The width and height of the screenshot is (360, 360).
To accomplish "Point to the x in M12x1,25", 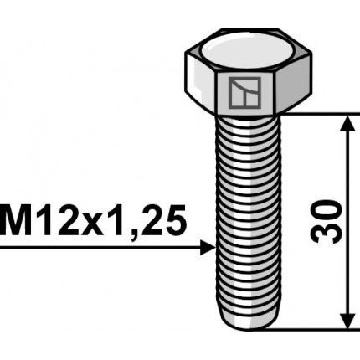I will [x=94, y=224].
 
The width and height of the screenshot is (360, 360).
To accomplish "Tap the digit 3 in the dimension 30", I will [x=327, y=233].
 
